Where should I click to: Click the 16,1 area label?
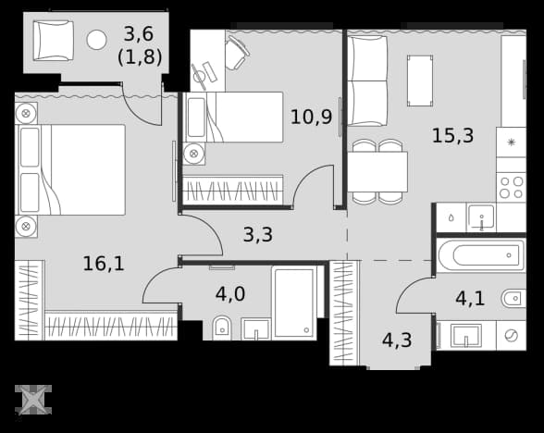click(104, 264)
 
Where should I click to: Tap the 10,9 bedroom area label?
click(311, 117)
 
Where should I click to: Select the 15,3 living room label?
click(452, 135)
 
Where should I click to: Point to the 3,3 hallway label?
click(258, 235)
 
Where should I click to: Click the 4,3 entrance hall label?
click(397, 340)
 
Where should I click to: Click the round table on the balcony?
click(96, 40)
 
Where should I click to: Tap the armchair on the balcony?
click(53, 41)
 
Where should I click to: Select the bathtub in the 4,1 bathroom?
click(481, 255)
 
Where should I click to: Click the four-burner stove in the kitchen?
click(511, 188)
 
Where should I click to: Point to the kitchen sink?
click(481, 217)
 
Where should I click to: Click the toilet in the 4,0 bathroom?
click(222, 328)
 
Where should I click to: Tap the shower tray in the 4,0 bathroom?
click(294, 303)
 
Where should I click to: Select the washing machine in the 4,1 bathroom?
click(511, 336)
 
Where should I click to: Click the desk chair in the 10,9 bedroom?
click(237, 53)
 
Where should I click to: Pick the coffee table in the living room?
click(420, 80)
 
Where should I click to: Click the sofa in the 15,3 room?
click(367, 80)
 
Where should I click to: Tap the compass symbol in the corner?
click(33, 400)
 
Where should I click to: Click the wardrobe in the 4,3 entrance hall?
click(344, 314)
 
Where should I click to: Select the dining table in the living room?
click(377, 172)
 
